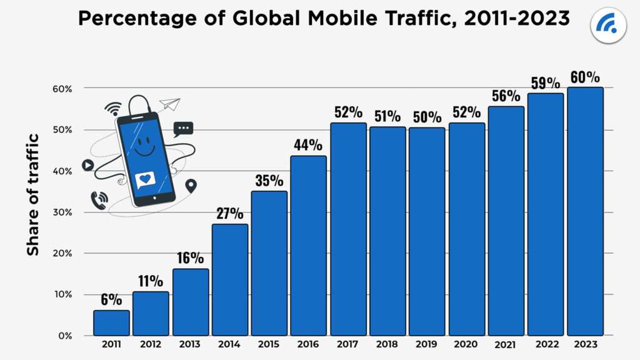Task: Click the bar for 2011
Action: tap(111, 323)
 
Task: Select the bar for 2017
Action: tap(348, 229)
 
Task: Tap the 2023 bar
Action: tap(585, 211)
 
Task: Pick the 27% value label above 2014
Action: tap(230, 213)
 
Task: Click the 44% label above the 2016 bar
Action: tap(309, 145)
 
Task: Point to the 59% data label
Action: tap(546, 82)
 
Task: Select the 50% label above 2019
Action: tap(427, 117)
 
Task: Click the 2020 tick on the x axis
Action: tap(466, 344)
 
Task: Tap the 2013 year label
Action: tap(191, 344)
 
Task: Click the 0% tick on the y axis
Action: tap(66, 336)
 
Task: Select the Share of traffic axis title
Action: tap(32, 194)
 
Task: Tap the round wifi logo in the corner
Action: tap(608, 26)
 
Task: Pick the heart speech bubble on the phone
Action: tap(145, 180)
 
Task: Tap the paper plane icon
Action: tap(169, 104)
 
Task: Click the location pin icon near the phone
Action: tap(191, 186)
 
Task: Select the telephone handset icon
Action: tap(99, 199)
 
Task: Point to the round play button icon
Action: tap(87, 166)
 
